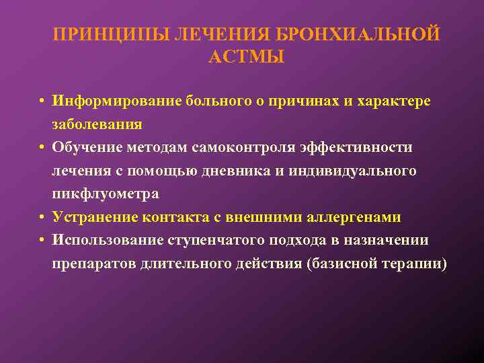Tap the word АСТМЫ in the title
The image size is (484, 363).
(x=247, y=57)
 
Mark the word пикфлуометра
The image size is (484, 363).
(x=106, y=194)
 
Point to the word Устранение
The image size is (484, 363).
(x=93, y=217)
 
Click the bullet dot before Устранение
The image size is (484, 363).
(x=42, y=218)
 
